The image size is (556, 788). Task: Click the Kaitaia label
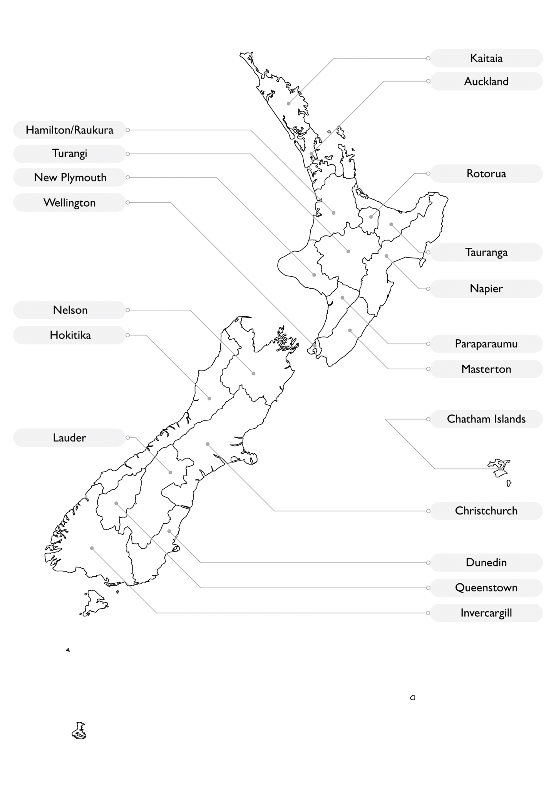coord(486,58)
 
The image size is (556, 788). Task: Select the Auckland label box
coord(486,81)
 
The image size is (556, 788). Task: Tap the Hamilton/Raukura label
coord(69,130)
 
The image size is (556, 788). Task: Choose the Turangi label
coord(69,154)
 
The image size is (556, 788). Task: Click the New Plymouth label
coord(69,177)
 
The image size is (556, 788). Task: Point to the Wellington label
coord(69,202)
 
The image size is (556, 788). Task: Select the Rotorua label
coord(486,174)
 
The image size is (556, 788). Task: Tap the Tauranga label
coord(486,252)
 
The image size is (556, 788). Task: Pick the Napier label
coord(486,289)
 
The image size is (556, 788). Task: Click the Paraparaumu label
coord(486,344)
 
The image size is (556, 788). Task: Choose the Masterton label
coord(486,369)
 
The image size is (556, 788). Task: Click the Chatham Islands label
coord(486,419)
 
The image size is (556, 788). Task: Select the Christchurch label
coord(486,511)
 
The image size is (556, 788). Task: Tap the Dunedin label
coord(486,563)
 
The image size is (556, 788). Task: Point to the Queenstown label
coord(486,588)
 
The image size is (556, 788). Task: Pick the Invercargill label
coord(486,613)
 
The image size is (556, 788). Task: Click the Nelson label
coord(69,310)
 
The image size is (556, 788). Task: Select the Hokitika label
coord(69,335)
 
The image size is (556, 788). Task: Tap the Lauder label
coord(69,437)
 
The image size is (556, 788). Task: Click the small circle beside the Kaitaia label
coord(428,58)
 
